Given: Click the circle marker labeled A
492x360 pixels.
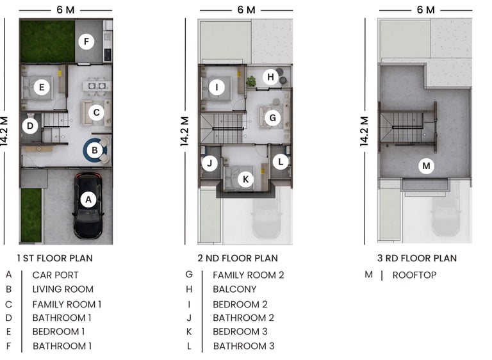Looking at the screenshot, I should [89, 200].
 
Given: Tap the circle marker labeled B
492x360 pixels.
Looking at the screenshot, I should [95, 151].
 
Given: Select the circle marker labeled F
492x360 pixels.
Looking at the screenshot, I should [86, 42].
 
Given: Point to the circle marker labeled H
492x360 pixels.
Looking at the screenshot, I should [271, 78].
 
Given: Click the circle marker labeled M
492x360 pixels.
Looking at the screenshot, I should [426, 167].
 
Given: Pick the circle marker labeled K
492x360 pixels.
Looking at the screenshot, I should [245, 179].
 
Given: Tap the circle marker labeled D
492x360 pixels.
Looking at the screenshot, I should [29, 126].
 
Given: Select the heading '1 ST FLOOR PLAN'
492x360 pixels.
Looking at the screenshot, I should [56, 258].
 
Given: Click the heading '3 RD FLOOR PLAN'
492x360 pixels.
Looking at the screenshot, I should [417, 258].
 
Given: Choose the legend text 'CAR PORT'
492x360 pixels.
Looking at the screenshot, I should [55, 275].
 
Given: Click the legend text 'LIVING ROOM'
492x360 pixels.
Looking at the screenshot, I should [63, 289].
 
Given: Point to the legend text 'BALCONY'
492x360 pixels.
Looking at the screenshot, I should [234, 289].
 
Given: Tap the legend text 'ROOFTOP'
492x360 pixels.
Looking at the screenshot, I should [414, 275].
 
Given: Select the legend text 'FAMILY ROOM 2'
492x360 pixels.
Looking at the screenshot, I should [248, 275].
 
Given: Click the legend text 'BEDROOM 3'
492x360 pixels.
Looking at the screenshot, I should [240, 331].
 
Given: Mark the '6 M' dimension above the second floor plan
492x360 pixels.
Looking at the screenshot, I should [246, 10].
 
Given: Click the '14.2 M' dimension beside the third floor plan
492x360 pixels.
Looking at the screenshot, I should [365, 132].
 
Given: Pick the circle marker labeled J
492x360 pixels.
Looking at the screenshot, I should [208, 163].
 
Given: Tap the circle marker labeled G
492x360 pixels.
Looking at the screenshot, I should [272, 118].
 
